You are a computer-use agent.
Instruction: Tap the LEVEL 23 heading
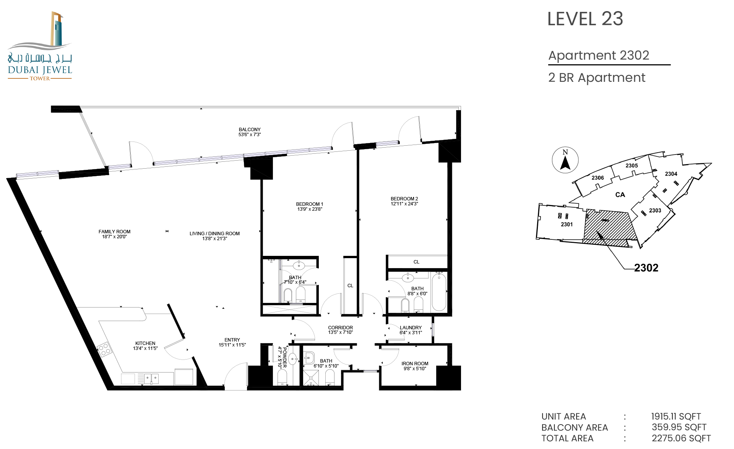(585, 19)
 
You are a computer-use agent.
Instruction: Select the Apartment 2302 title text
(599, 55)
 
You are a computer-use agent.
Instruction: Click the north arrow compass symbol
(565, 160)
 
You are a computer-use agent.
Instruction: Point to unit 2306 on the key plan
(598, 178)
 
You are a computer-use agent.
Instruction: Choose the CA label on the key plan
(620, 195)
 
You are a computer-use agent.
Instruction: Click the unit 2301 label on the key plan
(567, 224)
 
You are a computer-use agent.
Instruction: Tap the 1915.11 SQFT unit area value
(676, 416)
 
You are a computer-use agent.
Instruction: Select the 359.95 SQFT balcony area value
(679, 427)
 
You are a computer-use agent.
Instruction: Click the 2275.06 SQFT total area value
(681, 438)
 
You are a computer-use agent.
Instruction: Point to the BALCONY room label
(250, 130)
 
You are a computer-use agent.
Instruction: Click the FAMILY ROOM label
(114, 232)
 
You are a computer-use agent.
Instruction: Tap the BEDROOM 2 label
(404, 199)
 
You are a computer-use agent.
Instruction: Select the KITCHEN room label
(145, 343)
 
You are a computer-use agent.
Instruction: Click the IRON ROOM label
(415, 364)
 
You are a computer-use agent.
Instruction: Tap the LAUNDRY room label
(411, 328)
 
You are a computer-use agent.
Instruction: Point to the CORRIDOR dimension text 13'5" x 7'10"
(340, 332)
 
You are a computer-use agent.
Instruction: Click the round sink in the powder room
(292, 359)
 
